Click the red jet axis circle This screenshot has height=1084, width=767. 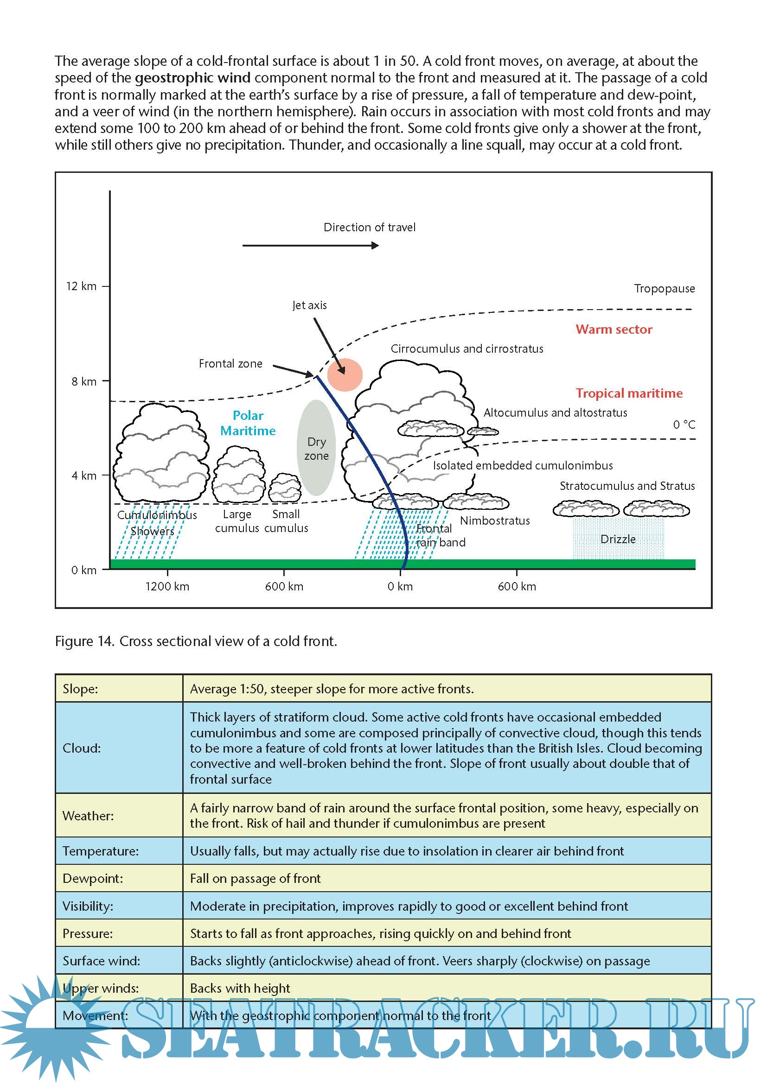tap(345, 375)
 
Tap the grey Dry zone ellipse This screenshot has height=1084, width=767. tap(316, 448)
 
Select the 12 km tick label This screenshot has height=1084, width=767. tap(81, 286)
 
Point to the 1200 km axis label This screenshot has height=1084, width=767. tap(167, 586)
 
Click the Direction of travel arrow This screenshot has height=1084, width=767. tap(310, 246)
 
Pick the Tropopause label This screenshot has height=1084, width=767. tap(664, 288)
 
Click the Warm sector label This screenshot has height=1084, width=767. tap(614, 329)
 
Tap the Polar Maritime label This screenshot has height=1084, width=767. tap(248, 423)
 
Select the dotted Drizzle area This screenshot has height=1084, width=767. tap(618, 539)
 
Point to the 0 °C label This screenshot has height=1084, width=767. tap(684, 425)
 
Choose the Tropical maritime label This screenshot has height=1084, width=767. tap(629, 393)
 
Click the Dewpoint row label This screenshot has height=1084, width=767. tap(93, 878)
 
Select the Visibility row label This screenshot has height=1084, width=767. tap(88, 906)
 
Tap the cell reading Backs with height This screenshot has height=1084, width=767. tap(240, 988)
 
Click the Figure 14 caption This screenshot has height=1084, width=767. tap(196, 641)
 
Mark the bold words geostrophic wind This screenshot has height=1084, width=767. tap(193, 78)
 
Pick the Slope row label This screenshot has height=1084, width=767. tap(80, 689)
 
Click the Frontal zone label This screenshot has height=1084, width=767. tap(230, 363)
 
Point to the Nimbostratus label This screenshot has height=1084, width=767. tap(494, 520)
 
